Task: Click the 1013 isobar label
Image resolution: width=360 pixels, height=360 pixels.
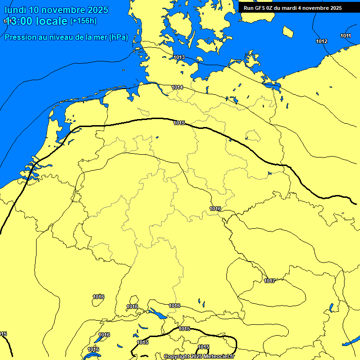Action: point(179,58)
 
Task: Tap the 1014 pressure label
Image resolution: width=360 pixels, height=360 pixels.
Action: point(177,88)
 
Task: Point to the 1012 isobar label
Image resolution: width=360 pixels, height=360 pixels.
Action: point(322,42)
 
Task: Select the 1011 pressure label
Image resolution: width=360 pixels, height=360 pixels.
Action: point(346,36)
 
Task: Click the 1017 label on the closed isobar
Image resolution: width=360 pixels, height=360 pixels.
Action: point(270,281)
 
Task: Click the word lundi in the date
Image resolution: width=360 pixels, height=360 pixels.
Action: point(15,10)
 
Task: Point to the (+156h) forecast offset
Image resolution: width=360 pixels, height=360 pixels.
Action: point(83,21)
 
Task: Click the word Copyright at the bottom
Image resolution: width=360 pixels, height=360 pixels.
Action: point(176,356)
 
